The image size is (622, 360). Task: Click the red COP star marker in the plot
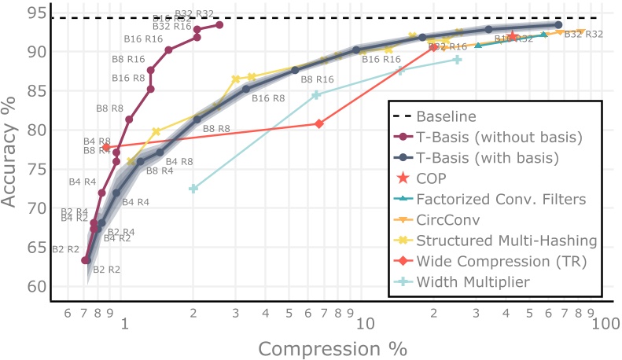pos(513,36)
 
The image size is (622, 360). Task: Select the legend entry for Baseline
pos(446,117)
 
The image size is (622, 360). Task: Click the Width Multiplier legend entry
pos(473,281)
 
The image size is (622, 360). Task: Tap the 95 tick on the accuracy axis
pos(35,13)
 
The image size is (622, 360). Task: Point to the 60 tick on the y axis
pos(35,287)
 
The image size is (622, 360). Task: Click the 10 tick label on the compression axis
pos(362,322)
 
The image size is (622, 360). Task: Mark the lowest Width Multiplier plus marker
pos(193,189)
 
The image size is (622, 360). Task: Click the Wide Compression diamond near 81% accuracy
pos(319,123)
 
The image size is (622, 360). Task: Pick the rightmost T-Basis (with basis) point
pos(558,25)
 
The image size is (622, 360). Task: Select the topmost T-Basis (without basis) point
pos(219,25)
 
